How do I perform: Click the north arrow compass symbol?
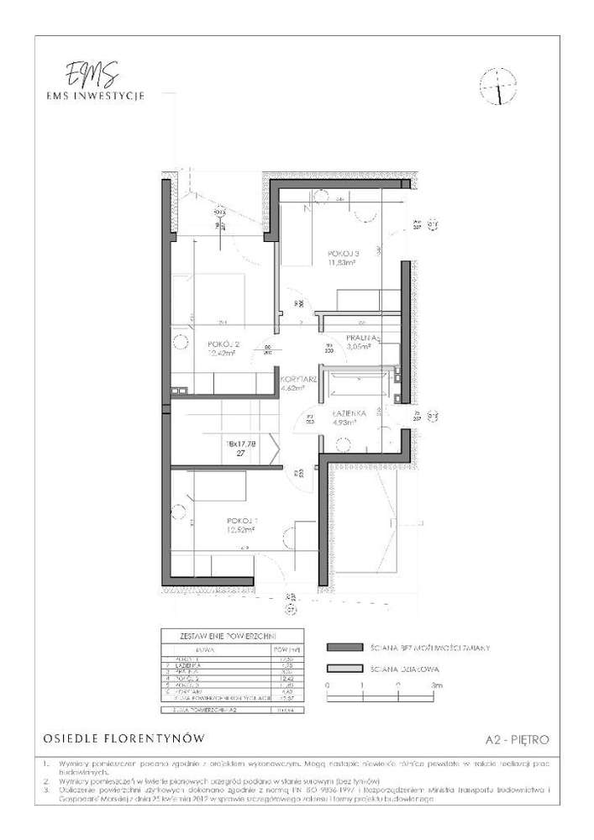[x=497, y=87]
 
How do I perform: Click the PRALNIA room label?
[x=364, y=338]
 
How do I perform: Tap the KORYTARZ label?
[x=298, y=380]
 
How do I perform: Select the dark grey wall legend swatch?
[x=344, y=648]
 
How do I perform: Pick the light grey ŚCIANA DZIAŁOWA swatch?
[x=344, y=669]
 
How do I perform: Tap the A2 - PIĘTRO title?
[x=518, y=740]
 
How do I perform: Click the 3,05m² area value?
[x=364, y=347]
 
